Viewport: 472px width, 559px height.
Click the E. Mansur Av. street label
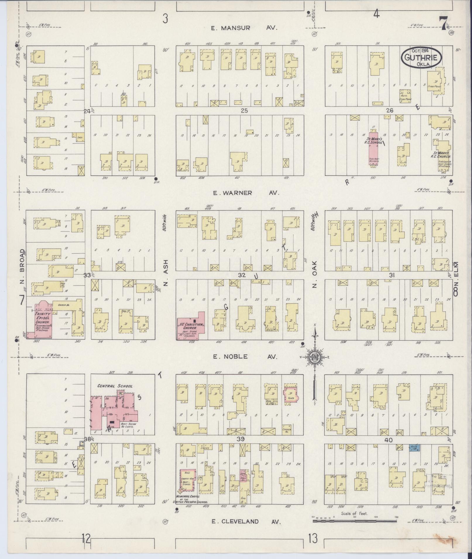point(244,28)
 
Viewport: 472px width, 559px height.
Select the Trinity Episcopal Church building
point(43,320)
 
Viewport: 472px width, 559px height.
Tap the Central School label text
point(115,386)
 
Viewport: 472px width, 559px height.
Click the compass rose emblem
point(315,357)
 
